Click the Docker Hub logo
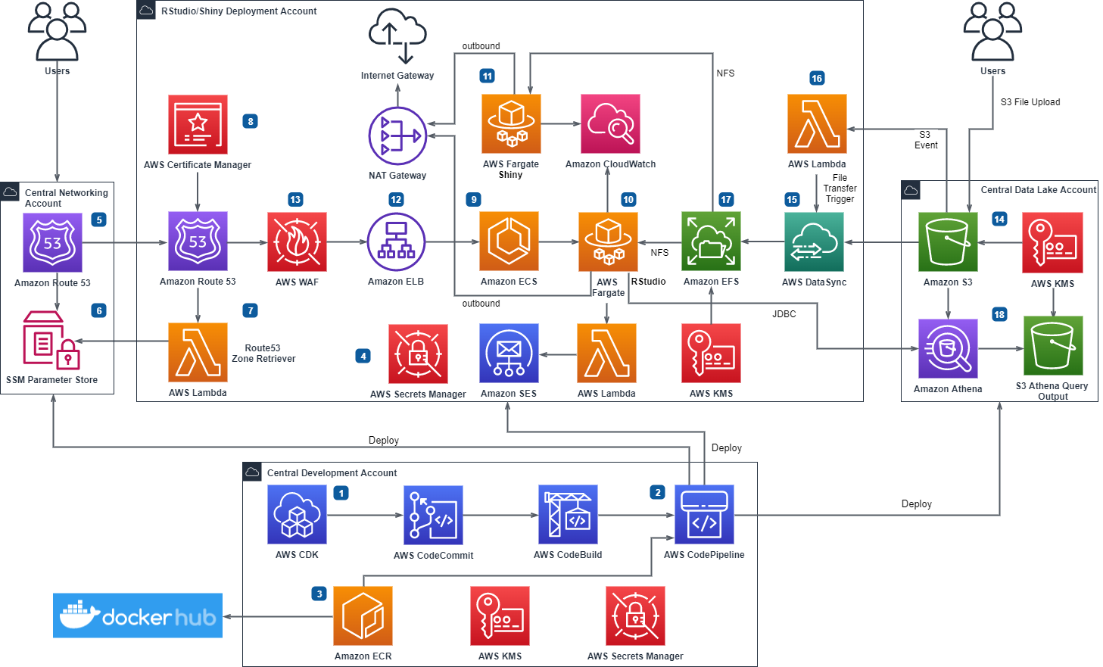click(138, 616)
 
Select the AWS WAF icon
click(297, 242)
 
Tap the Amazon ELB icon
click(396, 242)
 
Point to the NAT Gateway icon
click(397, 136)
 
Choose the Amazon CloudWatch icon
click(610, 123)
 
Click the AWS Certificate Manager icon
click(198, 124)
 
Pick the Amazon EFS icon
click(711, 242)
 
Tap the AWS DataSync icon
click(814, 242)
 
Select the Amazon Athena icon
click(948, 348)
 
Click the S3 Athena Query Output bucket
click(1053, 346)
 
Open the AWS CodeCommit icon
click(433, 515)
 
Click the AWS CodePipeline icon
click(704, 515)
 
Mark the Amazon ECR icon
click(363, 616)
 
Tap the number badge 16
click(817, 78)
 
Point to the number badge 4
click(363, 356)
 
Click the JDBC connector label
click(784, 314)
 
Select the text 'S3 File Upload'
click(1030, 102)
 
